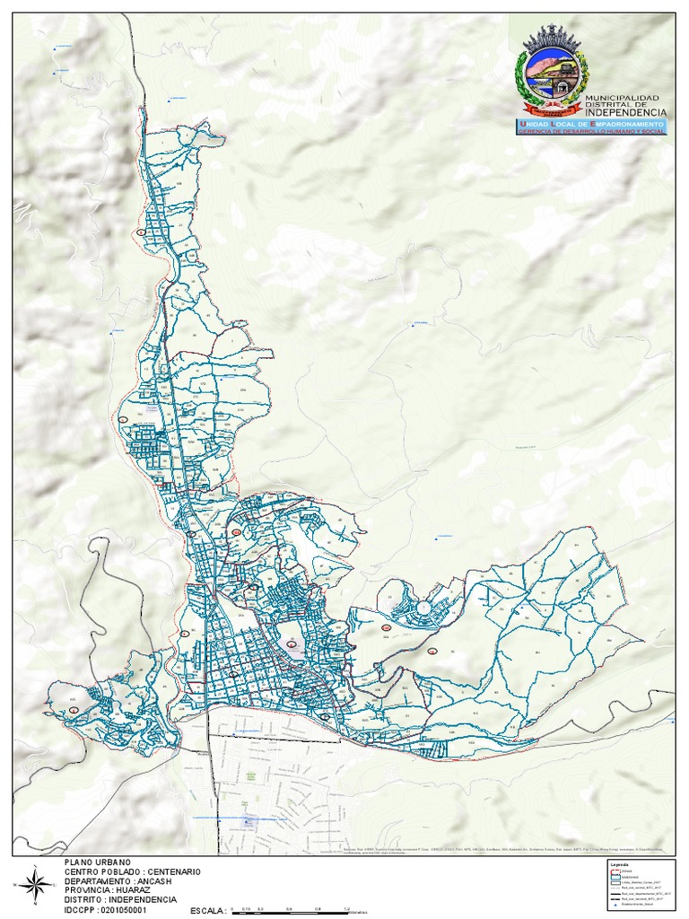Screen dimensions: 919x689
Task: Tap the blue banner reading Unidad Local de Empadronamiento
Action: point(590,122)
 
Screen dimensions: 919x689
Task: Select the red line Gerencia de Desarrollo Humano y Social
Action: point(590,131)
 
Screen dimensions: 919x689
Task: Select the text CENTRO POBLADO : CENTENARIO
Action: point(132,871)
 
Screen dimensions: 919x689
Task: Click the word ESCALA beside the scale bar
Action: point(206,911)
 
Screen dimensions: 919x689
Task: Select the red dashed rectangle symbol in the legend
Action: point(615,872)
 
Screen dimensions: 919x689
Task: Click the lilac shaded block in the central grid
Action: point(292,643)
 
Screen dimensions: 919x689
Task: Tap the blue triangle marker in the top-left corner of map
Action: point(54,49)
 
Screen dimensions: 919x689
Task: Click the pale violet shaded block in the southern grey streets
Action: point(249,819)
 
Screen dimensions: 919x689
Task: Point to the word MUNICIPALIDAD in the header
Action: point(622,97)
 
